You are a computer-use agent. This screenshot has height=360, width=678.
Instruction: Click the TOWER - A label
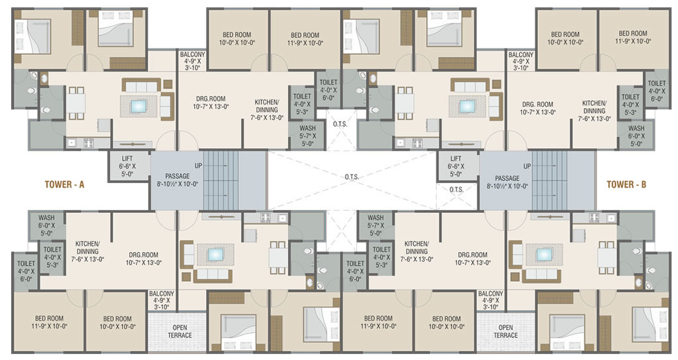point(64,185)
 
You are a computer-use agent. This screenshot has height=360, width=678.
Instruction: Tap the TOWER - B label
point(626,185)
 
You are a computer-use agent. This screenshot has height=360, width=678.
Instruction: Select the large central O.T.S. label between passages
point(351,177)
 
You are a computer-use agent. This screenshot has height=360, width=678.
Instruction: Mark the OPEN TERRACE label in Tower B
point(506,331)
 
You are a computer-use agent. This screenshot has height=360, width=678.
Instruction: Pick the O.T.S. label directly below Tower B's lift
point(456,190)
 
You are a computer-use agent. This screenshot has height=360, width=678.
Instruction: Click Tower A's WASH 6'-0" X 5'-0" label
point(46,225)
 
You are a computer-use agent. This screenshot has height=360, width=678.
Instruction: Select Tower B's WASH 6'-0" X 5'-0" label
point(636,135)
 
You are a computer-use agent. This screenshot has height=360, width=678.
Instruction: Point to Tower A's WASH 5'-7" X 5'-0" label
point(306,135)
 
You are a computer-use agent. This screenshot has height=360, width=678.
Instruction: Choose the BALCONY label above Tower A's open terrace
point(161,300)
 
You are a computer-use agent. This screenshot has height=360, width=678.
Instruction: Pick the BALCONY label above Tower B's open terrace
point(490,300)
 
